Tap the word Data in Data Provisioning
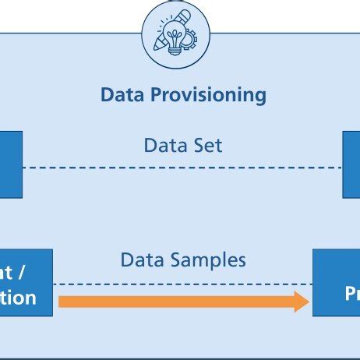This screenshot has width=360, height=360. (125, 95)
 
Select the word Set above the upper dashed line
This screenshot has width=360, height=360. (205, 145)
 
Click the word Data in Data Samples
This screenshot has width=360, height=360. (140, 259)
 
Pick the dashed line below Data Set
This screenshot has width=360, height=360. (182, 167)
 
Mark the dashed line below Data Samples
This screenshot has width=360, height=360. (182, 284)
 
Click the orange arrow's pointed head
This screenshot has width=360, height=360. (303, 301)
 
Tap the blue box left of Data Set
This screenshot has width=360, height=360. (11, 164)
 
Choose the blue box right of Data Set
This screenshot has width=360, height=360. (351, 164)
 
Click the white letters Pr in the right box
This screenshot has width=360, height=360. (352, 295)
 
